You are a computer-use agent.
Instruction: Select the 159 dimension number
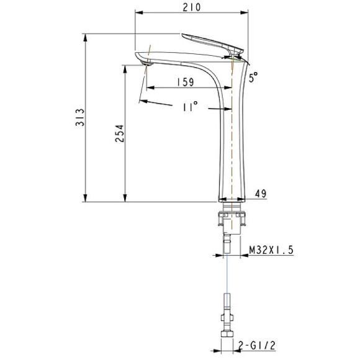tap(186, 81)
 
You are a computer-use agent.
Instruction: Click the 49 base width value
tap(261, 194)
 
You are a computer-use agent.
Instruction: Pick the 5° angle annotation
tap(253, 77)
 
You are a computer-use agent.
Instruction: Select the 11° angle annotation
tap(190, 107)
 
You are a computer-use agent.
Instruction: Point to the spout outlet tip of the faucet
tap(145, 61)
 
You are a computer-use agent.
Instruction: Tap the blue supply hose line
tap(229, 273)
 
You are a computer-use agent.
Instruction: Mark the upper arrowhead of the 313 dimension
tap(84, 37)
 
